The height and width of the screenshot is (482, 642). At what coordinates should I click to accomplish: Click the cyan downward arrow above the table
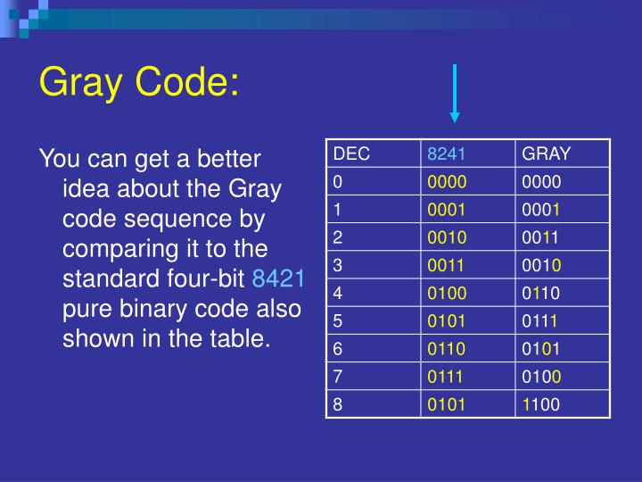455,93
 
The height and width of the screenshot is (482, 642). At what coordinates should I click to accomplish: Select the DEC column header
351,154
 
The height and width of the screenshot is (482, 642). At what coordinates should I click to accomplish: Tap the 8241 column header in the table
447,154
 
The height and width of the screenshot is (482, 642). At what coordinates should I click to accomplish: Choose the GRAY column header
546,154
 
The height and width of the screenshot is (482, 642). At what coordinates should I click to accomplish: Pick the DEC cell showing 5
339,318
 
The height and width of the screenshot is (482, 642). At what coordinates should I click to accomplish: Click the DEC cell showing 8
339,403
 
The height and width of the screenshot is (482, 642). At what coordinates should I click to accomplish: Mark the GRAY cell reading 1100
541,403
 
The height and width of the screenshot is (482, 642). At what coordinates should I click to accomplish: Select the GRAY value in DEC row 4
541,291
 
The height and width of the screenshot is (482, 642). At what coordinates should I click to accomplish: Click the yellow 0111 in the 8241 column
447,376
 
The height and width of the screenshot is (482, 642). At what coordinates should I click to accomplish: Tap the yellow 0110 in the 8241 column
447,347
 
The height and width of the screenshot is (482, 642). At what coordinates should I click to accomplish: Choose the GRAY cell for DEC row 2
541,236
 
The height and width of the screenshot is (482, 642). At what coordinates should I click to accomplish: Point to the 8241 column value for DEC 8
447,403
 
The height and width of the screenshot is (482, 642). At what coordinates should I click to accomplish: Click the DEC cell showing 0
339,180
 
